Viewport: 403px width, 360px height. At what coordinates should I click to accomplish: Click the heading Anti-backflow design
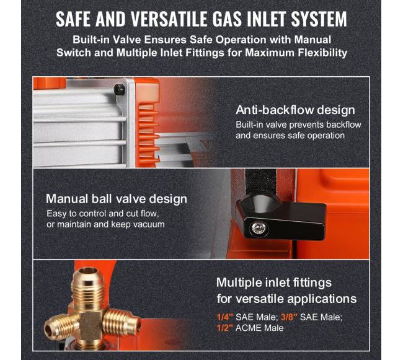295,110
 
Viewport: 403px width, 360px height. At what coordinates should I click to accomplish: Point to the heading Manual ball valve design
117,199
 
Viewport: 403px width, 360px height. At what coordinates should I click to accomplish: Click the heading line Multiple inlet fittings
274,283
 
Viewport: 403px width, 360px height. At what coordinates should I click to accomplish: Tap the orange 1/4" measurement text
224,317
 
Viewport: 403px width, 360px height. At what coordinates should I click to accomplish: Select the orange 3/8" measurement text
289,317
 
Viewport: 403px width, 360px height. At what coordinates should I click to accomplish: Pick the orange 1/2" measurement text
224,328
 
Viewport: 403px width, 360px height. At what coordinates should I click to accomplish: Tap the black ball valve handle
280,217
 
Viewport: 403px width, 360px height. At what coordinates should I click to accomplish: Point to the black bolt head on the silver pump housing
120,89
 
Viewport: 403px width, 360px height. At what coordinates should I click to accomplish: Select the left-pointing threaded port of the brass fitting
61,327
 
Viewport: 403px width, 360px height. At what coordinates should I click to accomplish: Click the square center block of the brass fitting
91,324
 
